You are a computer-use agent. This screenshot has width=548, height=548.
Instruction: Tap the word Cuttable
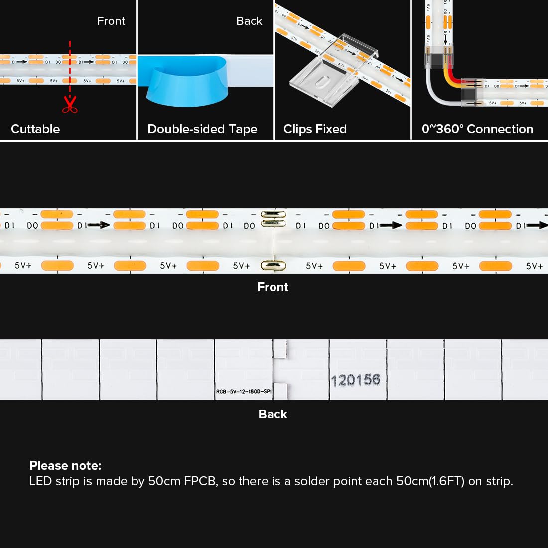click(35, 129)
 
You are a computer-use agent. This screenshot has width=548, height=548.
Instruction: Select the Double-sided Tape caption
click(202, 129)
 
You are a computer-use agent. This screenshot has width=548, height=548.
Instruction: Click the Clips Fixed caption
click(315, 129)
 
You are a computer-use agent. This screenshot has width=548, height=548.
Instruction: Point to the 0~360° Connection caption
click(477, 129)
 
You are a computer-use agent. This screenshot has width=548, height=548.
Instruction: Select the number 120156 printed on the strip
click(355, 380)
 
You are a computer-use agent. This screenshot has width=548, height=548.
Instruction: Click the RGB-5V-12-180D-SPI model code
click(244, 392)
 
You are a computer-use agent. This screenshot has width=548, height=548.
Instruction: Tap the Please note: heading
click(65, 466)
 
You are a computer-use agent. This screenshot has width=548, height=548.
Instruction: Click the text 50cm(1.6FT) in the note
click(430, 481)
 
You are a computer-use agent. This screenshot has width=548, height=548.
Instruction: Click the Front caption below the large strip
click(273, 287)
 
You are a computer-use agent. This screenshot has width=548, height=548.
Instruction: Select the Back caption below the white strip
click(273, 414)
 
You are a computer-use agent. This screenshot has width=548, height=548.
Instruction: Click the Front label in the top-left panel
click(111, 21)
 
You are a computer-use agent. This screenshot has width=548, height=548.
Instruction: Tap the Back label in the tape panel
click(249, 21)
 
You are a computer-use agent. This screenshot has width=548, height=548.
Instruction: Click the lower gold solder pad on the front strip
click(274, 265)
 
